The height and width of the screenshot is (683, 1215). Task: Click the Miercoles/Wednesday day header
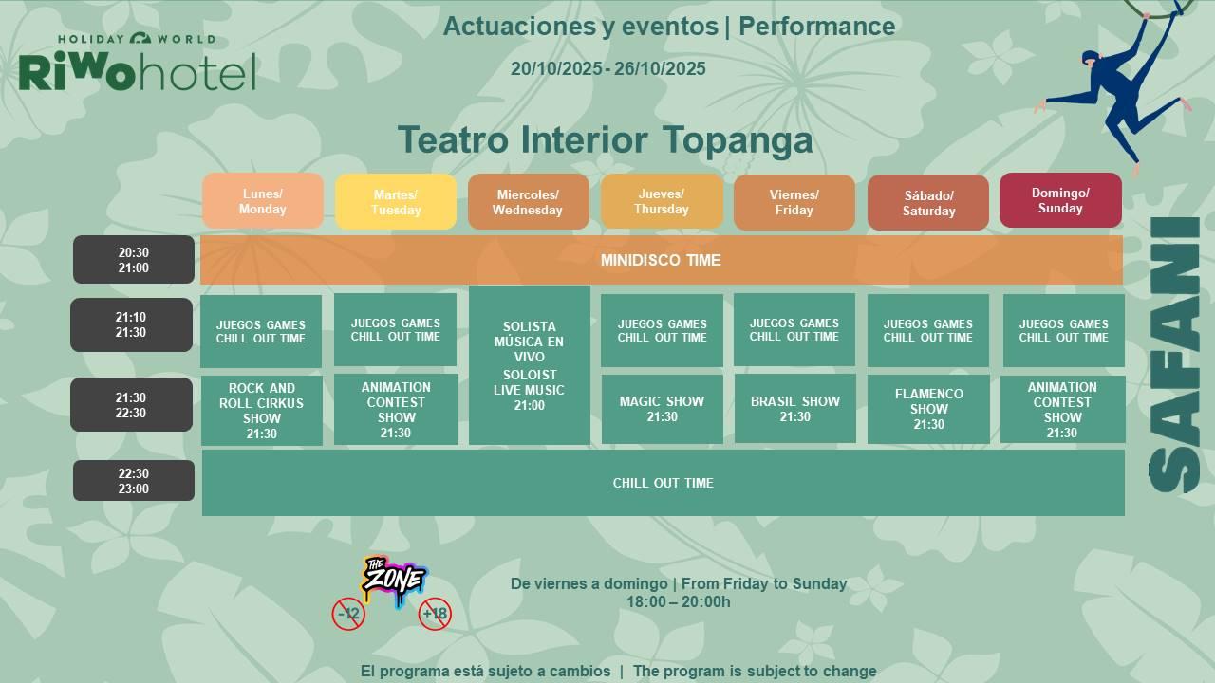click(529, 202)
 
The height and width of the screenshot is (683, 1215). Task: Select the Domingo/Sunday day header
click(1060, 200)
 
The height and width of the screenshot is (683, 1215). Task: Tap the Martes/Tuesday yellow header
click(396, 202)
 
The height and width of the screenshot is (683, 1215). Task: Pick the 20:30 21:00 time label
click(134, 260)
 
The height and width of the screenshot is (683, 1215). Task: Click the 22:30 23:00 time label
click(134, 481)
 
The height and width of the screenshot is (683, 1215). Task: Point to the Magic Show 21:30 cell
click(662, 409)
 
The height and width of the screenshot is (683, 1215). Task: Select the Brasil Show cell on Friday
click(794, 408)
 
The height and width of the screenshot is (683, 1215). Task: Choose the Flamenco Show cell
click(928, 409)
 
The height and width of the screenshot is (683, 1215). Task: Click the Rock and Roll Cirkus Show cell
click(261, 411)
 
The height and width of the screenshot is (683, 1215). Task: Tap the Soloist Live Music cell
click(529, 365)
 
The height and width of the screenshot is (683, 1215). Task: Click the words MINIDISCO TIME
click(661, 260)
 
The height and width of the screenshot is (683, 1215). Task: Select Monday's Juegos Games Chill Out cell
click(261, 331)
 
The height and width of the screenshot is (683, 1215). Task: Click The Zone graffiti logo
click(395, 580)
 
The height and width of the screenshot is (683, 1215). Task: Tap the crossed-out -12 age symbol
click(348, 614)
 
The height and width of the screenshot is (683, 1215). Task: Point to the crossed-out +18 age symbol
click(435, 614)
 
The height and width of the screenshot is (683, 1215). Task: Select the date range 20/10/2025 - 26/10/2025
click(608, 69)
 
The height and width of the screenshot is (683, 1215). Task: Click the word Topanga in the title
click(738, 139)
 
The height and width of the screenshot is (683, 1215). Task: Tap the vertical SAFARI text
click(1174, 355)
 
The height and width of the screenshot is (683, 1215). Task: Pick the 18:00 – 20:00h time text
click(679, 601)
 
